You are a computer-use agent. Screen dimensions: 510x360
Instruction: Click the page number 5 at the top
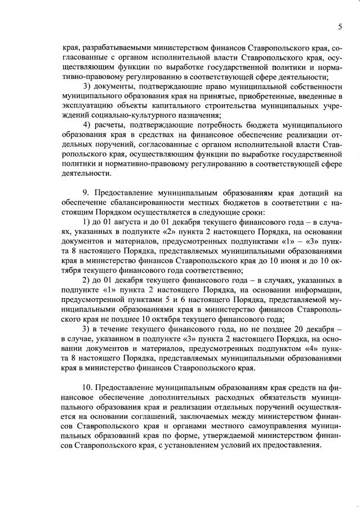coord(340,26)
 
